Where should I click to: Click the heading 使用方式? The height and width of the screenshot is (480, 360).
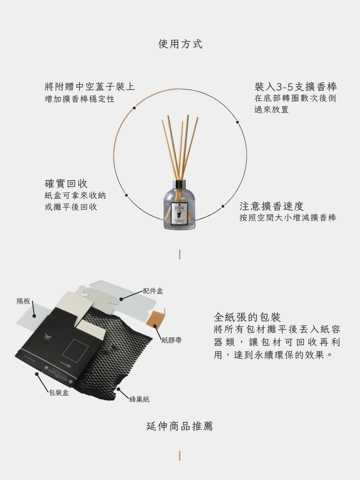pyautogui.click(x=180, y=44)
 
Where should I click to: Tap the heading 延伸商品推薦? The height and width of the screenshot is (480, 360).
pyautogui.click(x=180, y=426)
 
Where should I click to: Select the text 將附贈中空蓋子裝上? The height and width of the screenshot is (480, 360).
pyautogui.click(x=90, y=86)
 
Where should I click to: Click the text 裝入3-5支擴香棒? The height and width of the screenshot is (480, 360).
pyautogui.click(x=296, y=86)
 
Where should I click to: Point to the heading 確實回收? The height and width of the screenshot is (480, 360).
pyautogui.click(x=66, y=183)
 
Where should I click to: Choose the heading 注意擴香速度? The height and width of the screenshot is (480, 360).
pyautogui.click(x=271, y=206)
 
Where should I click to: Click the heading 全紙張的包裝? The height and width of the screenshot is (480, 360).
pyautogui.click(x=247, y=317)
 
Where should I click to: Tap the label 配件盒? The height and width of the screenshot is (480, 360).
pyautogui.click(x=153, y=291)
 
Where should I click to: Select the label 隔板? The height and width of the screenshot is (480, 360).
pyautogui.click(x=24, y=301)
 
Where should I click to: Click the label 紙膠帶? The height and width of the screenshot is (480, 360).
pyautogui.click(x=172, y=340)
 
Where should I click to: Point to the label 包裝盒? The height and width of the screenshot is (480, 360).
pyautogui.click(x=59, y=392)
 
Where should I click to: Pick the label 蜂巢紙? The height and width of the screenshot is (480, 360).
pyautogui.click(x=140, y=399)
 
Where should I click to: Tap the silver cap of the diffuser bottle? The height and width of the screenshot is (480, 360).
pyautogui.click(x=180, y=184)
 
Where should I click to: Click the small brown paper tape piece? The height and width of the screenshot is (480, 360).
pyautogui.click(x=156, y=319)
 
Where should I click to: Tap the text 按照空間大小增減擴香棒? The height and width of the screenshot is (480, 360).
pyautogui.click(x=288, y=218)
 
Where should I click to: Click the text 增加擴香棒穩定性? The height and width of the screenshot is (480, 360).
pyautogui.click(x=80, y=99)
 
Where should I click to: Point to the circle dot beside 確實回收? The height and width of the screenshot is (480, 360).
pyautogui.click(x=126, y=195)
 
